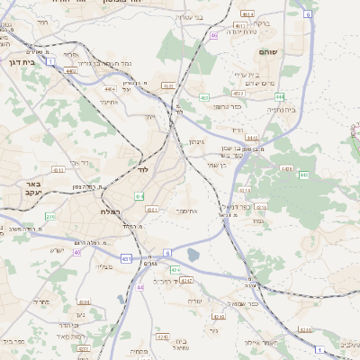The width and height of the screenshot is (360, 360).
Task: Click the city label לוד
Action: [143, 168]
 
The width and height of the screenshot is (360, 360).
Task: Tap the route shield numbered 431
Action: [126, 258]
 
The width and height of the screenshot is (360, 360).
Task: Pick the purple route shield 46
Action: [214, 36]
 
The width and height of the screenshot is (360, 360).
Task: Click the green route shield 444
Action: [304, 175]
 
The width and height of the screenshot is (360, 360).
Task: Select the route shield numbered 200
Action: [50, 217]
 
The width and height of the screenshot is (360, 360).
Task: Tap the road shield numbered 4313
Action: [58, 169]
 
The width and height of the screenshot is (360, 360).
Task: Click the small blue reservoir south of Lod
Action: [193, 255]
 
